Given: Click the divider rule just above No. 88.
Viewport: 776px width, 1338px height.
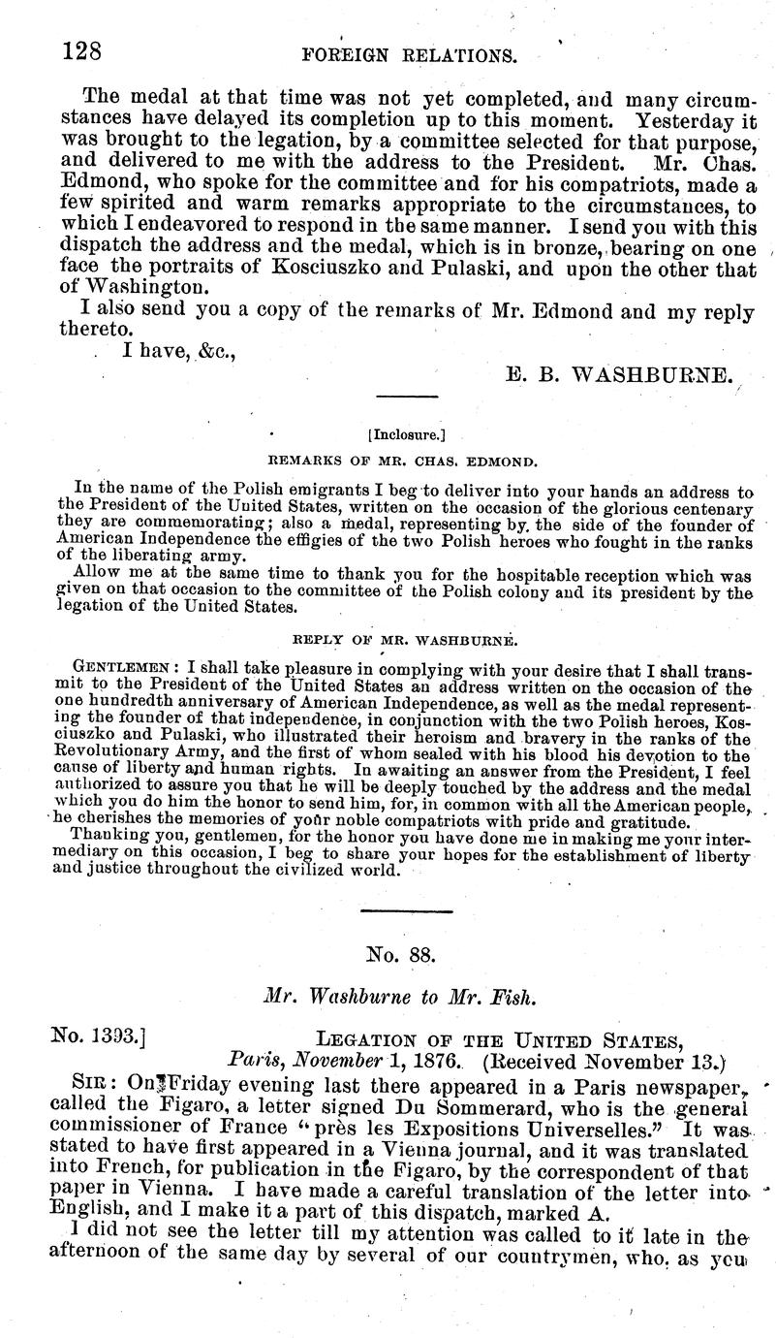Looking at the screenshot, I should point(405,911).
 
